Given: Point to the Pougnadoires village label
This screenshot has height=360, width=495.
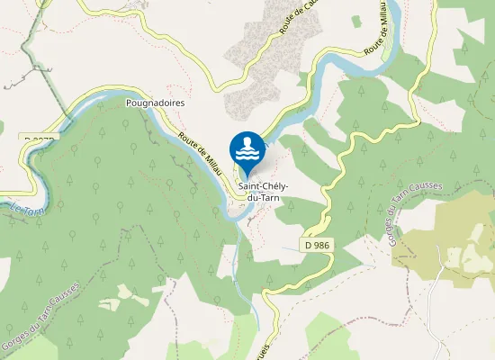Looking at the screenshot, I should [x=155, y=103].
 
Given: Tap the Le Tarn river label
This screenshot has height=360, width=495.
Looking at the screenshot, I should [x=28, y=209].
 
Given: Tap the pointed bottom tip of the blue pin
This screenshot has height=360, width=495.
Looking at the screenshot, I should [x=247, y=176].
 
